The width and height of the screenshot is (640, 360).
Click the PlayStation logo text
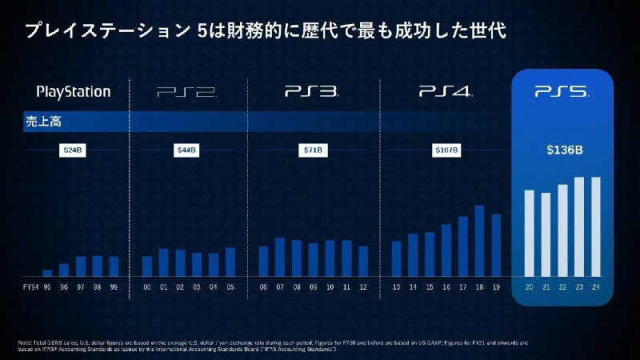click(x=74, y=91)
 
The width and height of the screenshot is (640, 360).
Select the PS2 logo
click(x=186, y=92)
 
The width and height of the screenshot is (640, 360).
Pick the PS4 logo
click(x=443, y=92)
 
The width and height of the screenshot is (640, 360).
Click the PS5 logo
click(x=562, y=92)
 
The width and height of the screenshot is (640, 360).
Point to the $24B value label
click(x=74, y=150)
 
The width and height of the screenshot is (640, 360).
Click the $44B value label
click(x=187, y=150)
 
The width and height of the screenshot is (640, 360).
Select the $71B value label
click(x=313, y=150)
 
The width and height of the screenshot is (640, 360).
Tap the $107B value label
click(x=444, y=150)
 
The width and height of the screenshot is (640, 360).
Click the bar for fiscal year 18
click(x=480, y=240)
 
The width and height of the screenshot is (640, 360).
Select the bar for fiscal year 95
click(x=47, y=272)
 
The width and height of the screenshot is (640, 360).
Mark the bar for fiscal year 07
click(x=280, y=256)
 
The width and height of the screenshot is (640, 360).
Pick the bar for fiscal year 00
click(x=147, y=266)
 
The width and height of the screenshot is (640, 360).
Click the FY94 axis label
click(x=29, y=286)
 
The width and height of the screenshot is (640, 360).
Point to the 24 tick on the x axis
click(x=595, y=286)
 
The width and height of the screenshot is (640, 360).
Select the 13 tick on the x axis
click(x=396, y=286)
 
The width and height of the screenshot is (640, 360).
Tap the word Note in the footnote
click(x=25, y=343)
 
